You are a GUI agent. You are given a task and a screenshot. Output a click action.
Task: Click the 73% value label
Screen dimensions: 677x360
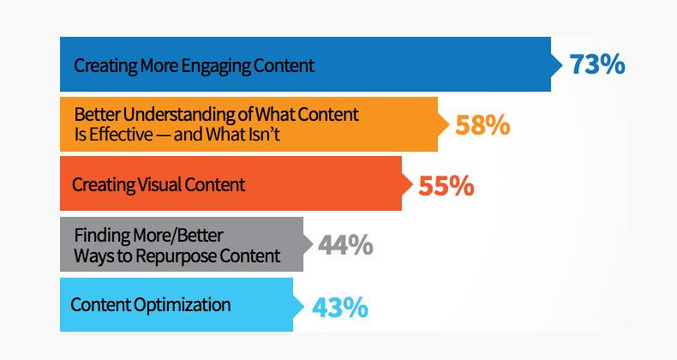click(597, 64)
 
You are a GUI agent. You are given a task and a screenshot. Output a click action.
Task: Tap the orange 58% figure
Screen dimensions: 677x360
click(482, 125)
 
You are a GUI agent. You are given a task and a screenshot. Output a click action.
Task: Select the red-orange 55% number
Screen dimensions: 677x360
click(446, 186)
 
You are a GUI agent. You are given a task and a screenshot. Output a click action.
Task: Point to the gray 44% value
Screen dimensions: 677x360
click(345, 245)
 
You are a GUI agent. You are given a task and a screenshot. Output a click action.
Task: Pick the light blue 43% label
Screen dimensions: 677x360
click(340, 308)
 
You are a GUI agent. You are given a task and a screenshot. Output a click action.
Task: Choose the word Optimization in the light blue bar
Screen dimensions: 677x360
click(182, 305)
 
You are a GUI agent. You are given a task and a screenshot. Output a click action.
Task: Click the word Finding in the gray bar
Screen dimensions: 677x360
click(102, 236)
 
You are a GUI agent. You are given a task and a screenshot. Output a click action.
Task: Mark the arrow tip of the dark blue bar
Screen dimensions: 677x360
click(562, 64)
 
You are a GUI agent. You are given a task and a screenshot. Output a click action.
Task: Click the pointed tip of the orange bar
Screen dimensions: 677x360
click(449, 124)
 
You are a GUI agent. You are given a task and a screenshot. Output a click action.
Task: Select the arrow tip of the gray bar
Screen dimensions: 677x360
click(313, 244)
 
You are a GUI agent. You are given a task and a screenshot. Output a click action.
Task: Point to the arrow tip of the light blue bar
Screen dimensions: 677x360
click(303, 306)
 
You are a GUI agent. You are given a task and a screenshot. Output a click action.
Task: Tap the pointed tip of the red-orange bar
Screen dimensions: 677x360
click(412, 184)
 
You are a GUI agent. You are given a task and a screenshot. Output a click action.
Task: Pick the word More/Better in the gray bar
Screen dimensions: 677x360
click(178, 236)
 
